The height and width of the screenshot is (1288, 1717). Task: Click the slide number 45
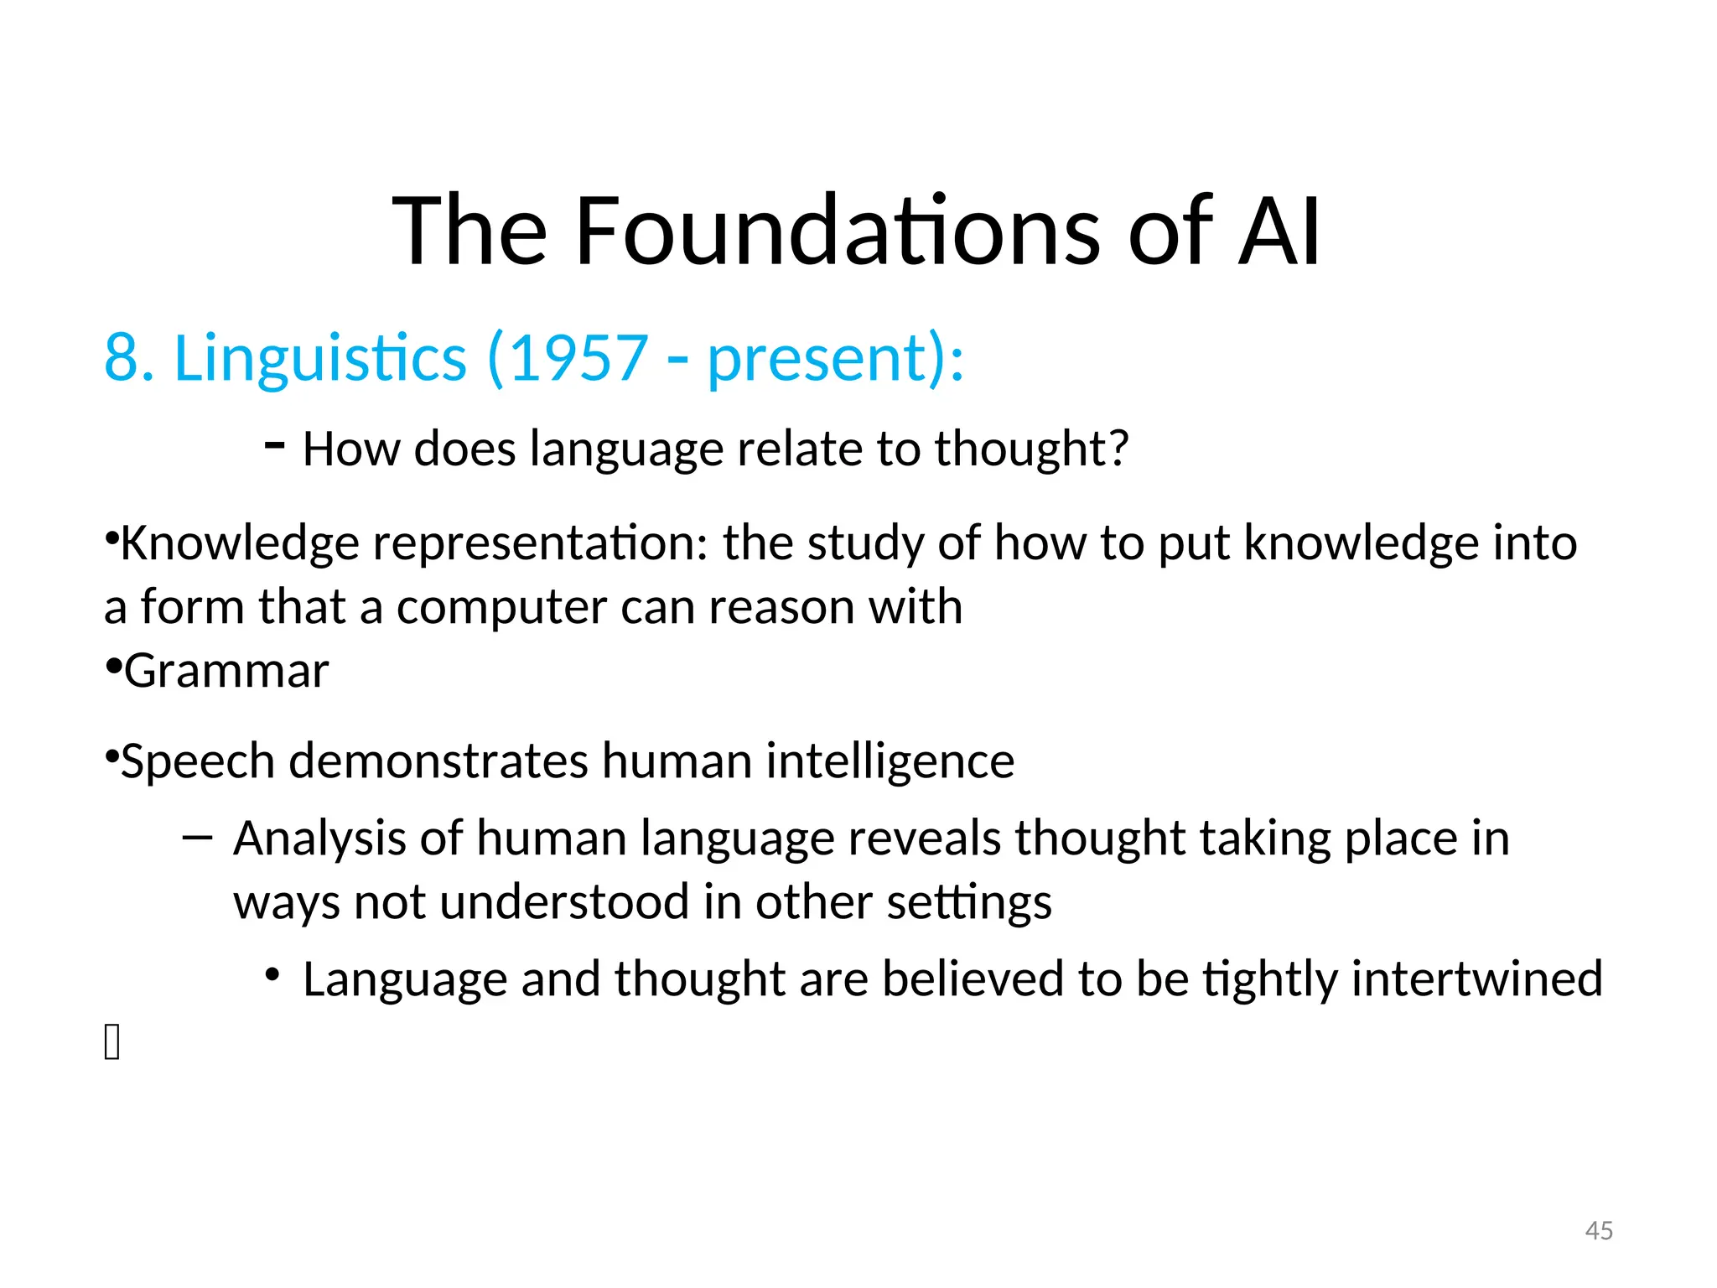[x=1599, y=1230]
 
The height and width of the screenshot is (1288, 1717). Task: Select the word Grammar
[x=226, y=672]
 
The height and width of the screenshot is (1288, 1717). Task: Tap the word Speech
[x=198, y=762]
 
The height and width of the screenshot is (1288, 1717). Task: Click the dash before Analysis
[x=196, y=837]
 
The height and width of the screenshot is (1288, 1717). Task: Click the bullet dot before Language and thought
[x=272, y=974]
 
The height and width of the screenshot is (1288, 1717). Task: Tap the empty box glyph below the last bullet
[x=112, y=1042]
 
